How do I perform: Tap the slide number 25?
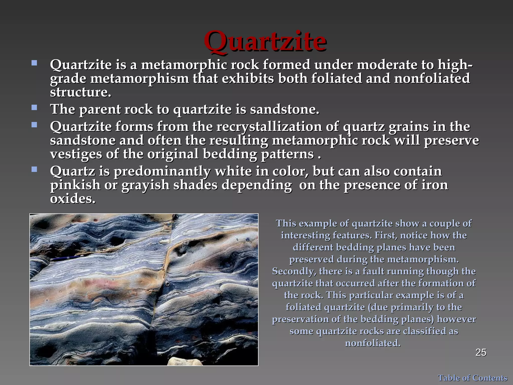(481, 353)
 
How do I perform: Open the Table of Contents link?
(472, 378)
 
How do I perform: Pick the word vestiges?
(76, 154)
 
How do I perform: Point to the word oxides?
(73, 199)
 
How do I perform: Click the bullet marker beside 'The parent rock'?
(34, 108)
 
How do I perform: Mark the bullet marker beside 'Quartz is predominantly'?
(34, 170)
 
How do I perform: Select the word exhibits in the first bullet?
(248, 78)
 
